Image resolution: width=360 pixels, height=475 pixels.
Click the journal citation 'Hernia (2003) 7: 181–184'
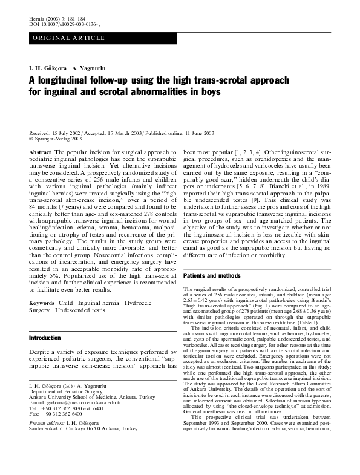tap(55, 19)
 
